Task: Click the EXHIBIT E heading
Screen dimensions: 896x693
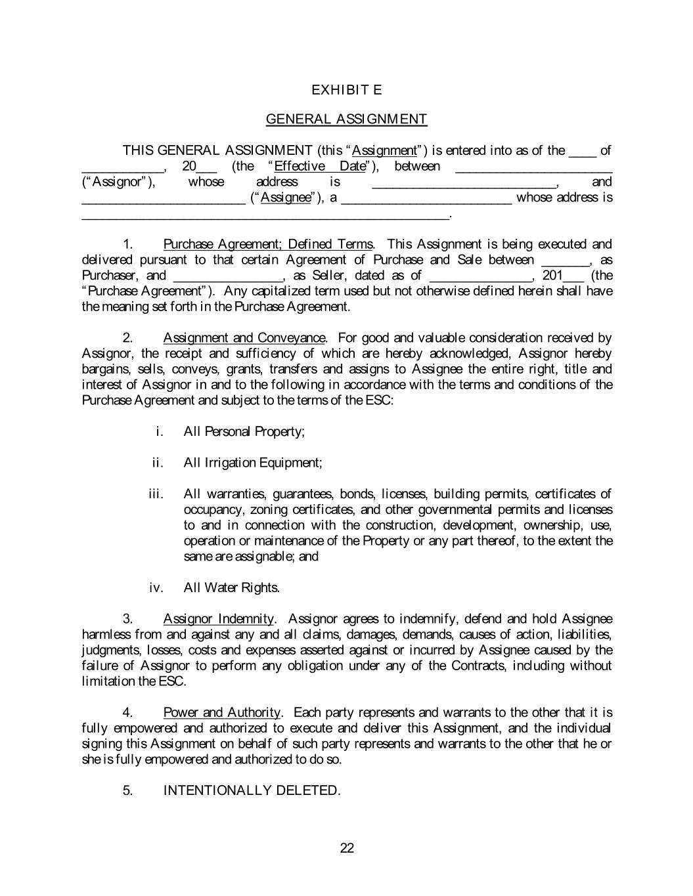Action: point(346,90)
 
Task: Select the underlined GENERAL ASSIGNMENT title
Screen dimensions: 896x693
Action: point(346,119)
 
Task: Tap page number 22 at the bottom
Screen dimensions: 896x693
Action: point(347,848)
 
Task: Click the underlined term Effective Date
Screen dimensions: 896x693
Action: point(320,166)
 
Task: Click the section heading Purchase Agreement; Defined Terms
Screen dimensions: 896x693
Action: point(268,244)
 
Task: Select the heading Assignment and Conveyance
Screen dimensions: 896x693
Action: point(244,338)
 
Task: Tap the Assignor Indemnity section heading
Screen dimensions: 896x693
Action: point(219,619)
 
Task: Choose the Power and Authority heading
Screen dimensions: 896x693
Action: point(222,713)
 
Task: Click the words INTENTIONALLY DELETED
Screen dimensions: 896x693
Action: point(252,791)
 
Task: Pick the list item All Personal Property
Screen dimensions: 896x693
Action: point(244,432)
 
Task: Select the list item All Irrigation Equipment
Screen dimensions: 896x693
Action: point(253,463)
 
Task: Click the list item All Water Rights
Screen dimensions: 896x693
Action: point(232,588)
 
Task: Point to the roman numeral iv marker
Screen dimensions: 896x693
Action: point(156,588)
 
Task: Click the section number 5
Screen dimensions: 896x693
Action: point(128,791)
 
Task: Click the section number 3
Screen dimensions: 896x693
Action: point(128,619)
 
